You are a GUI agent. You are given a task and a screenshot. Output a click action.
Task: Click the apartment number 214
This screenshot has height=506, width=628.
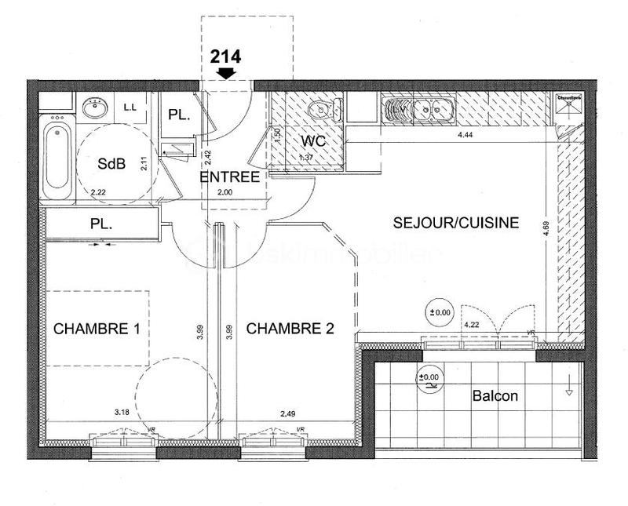[225, 56]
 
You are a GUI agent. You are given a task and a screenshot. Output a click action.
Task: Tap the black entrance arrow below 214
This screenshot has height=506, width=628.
[227, 73]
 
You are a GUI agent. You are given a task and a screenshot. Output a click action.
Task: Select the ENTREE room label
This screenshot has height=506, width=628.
[229, 177]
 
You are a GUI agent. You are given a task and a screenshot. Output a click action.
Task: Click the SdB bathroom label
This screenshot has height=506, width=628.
[111, 164]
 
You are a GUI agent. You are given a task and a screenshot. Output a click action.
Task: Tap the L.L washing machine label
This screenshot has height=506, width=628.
[130, 107]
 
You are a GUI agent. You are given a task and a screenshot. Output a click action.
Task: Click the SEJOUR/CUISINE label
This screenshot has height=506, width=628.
[456, 223]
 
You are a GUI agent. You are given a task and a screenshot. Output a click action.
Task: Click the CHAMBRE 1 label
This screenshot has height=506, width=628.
[97, 329]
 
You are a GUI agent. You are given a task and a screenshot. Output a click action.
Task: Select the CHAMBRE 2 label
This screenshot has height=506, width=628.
[290, 329]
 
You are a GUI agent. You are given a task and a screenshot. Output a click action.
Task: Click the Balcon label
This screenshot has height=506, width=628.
[495, 396]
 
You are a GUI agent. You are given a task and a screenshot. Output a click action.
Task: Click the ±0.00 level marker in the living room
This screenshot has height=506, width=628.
[440, 312]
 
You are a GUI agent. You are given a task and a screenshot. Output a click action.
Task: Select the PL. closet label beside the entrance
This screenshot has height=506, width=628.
[179, 115]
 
